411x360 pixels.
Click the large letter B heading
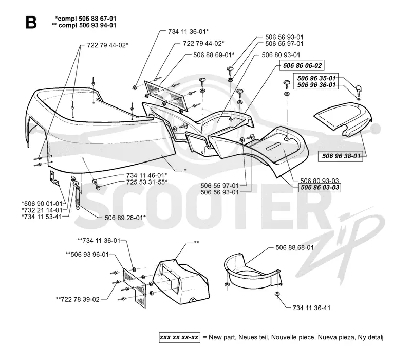click(31, 22)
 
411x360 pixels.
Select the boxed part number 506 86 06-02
click(302, 65)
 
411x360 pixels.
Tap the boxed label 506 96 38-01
click(341, 156)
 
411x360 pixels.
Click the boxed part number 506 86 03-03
click(320, 187)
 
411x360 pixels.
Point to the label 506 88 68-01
click(294, 247)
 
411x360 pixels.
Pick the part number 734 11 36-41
click(311, 308)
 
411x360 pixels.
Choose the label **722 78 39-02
click(78, 299)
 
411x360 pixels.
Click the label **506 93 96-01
click(87, 254)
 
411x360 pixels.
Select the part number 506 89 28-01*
click(125, 218)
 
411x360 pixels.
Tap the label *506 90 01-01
click(42, 203)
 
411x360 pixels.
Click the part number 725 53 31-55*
click(147, 182)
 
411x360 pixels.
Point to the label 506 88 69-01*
click(214, 55)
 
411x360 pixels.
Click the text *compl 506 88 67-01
click(86, 19)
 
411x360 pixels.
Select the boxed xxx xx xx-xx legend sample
click(179, 337)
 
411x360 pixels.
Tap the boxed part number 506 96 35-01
click(316, 78)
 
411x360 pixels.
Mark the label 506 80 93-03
click(319, 181)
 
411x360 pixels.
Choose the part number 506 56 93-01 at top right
click(284, 37)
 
